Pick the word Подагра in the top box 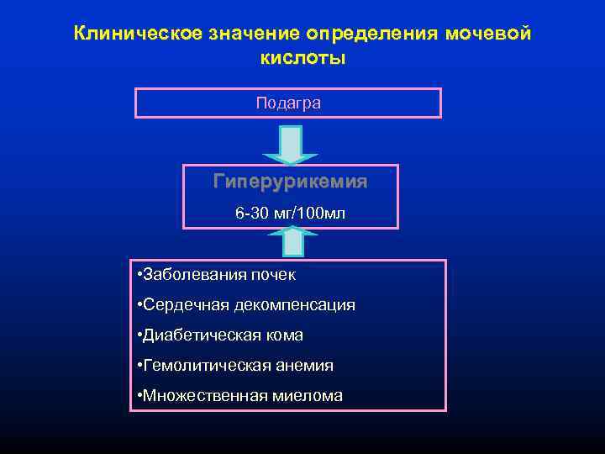288,103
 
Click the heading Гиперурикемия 290,182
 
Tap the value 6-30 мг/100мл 290,214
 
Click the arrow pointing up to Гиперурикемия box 292,242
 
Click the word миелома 303,395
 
